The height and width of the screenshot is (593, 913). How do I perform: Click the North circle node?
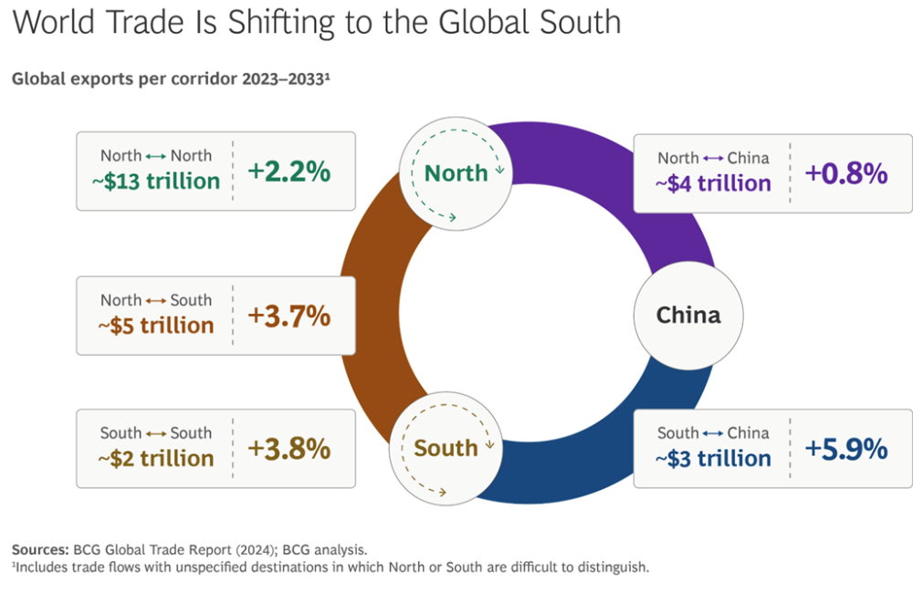click(x=456, y=172)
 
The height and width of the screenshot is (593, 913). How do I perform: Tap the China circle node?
click(x=688, y=316)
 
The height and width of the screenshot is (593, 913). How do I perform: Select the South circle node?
click(x=446, y=448)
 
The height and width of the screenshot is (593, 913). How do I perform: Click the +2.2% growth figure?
click(x=289, y=171)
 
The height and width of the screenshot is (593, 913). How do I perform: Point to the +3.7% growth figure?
click(x=289, y=316)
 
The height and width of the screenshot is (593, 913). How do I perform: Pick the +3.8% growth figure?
click(x=289, y=449)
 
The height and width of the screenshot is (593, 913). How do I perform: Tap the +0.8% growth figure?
click(x=846, y=173)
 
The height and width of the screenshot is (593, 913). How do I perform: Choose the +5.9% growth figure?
click(x=846, y=449)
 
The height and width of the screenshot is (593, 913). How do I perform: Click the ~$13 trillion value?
click(x=155, y=181)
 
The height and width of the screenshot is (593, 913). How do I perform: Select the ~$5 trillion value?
click(x=155, y=326)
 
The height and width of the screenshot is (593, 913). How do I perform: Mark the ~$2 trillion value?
click(x=155, y=459)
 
